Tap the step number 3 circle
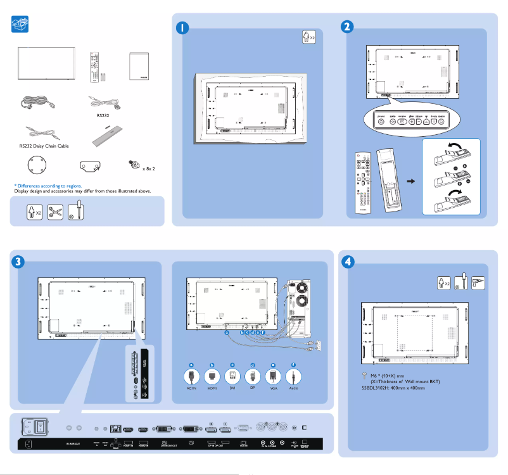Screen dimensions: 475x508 (x=19, y=261)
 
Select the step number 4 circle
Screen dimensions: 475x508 (x=348, y=261)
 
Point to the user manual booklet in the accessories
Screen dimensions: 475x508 (x=141, y=66)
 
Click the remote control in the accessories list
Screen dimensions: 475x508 (x=95, y=67)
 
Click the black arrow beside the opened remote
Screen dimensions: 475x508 (x=411, y=181)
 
